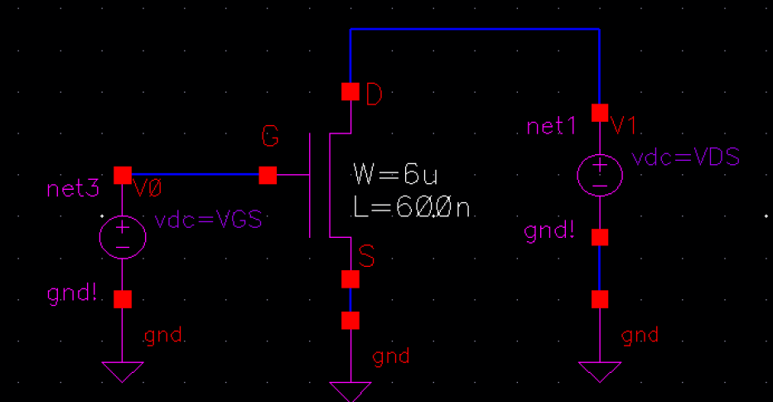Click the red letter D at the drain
click(x=374, y=96)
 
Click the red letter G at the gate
click(x=270, y=137)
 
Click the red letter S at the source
click(x=367, y=257)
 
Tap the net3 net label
click(x=73, y=189)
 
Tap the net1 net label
click(x=551, y=127)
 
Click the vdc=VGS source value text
click(x=208, y=221)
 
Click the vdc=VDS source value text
click(x=685, y=157)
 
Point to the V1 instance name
click(x=624, y=126)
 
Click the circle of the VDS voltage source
click(x=599, y=175)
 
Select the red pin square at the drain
click(x=350, y=91)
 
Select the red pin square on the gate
click(x=268, y=175)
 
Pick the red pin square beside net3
click(x=123, y=175)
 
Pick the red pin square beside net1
click(x=599, y=113)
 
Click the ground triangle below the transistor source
click(x=350, y=390)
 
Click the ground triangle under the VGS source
click(x=123, y=371)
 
